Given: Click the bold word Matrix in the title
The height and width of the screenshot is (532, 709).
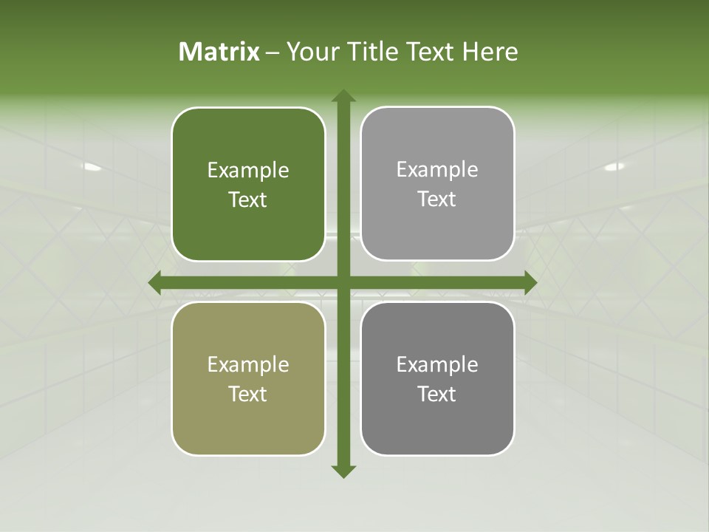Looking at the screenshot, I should [219, 52].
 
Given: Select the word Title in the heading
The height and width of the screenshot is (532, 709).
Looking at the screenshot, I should [375, 52].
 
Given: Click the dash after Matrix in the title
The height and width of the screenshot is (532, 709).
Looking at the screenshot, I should [273, 52].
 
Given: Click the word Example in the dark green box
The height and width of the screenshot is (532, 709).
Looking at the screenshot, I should [248, 171].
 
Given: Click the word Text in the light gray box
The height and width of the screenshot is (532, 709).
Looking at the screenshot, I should [437, 199].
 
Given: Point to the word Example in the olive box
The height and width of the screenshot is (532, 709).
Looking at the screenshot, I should [248, 365].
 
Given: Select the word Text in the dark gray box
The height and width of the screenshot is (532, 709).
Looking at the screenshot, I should [437, 394].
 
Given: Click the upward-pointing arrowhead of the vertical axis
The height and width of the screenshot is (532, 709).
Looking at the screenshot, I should [343, 97].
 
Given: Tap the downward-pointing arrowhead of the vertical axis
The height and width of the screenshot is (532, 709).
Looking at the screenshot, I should [343, 471].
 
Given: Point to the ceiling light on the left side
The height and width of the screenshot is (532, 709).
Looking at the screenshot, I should [92, 167].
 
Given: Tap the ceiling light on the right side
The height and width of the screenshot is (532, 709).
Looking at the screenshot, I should [614, 167].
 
